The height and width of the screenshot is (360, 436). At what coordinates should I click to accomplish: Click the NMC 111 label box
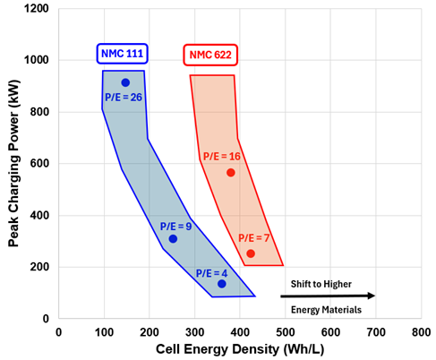click(123, 55)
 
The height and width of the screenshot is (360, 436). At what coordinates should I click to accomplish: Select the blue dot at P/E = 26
click(125, 82)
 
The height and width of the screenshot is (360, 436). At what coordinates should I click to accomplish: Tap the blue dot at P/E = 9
click(173, 239)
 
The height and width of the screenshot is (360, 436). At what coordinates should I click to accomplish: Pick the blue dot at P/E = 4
click(221, 284)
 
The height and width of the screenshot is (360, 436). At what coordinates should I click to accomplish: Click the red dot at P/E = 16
click(231, 172)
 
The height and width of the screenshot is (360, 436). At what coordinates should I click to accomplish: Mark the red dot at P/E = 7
click(251, 253)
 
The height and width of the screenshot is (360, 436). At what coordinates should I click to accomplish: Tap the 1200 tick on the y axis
click(36, 9)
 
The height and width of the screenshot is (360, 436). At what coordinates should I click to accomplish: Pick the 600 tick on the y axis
click(39, 164)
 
